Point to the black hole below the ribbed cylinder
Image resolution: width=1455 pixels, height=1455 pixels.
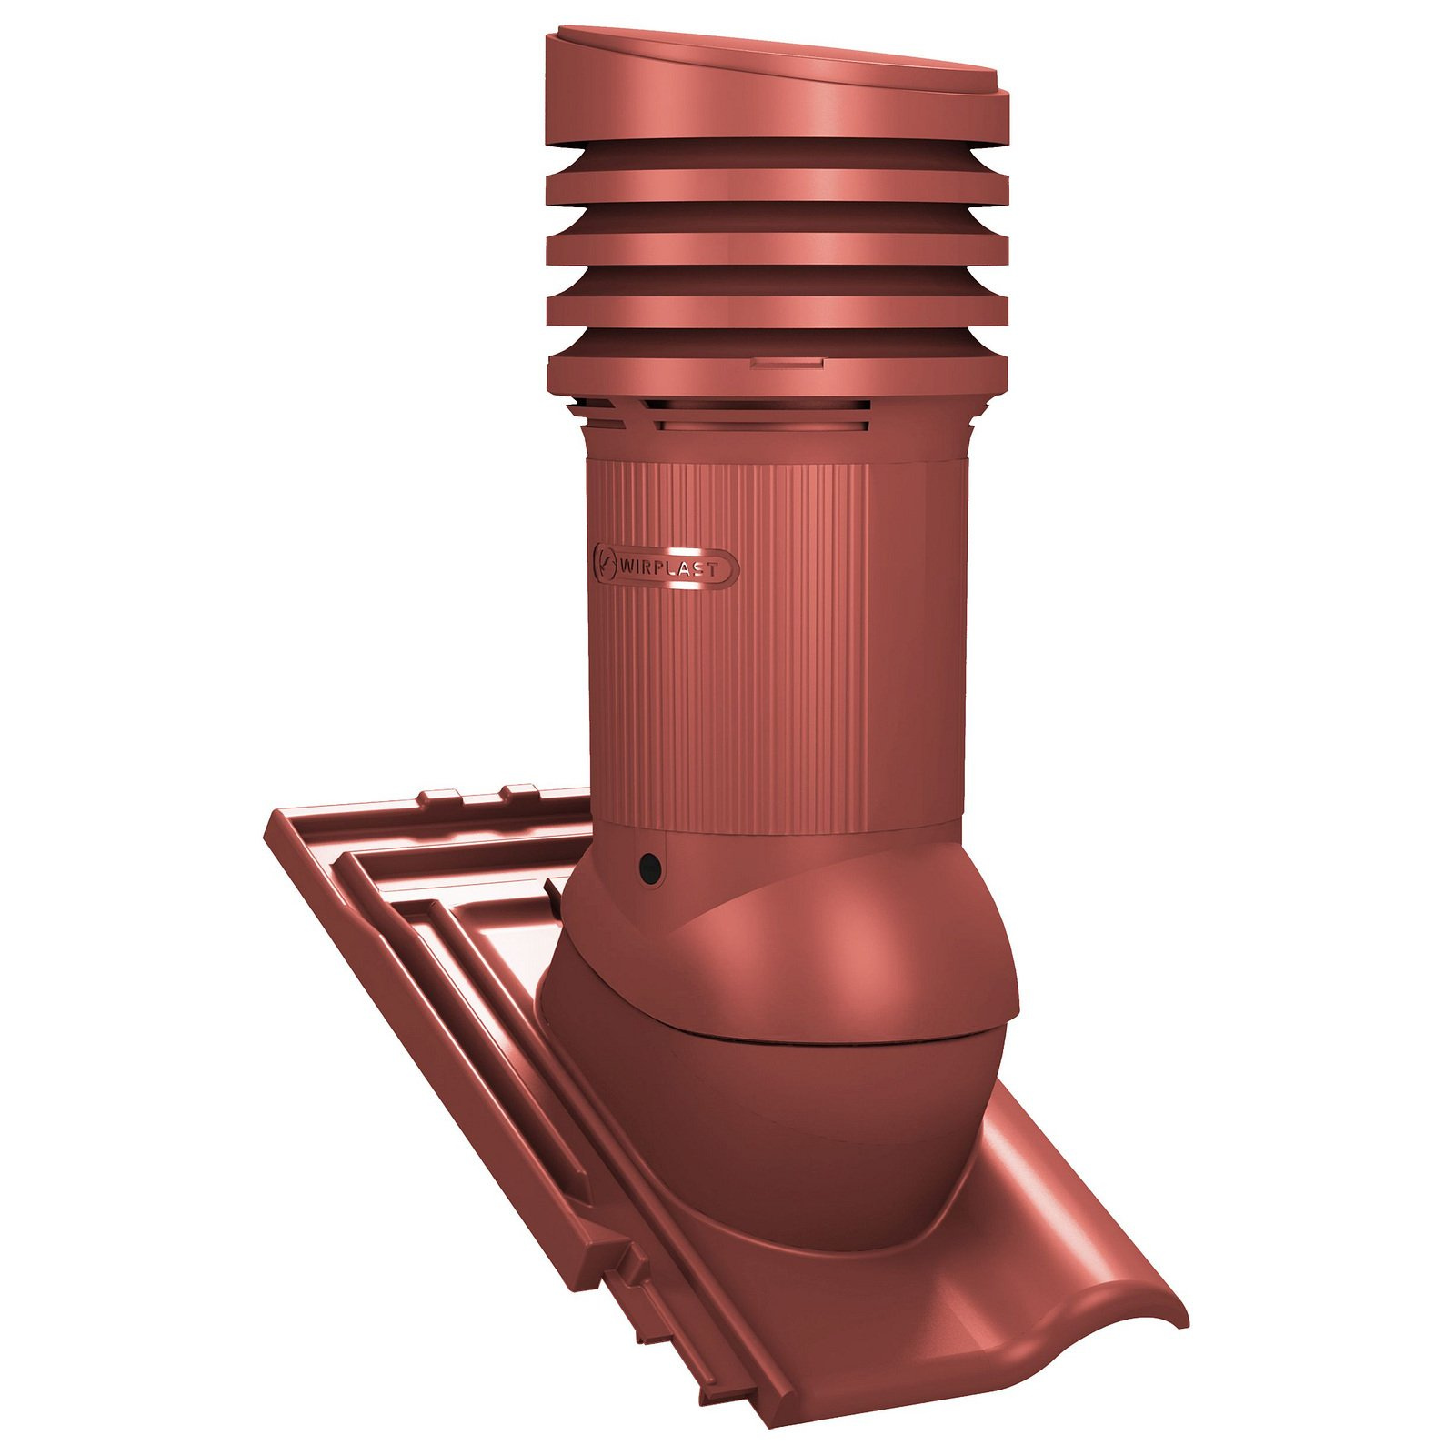pyautogui.click(x=649, y=869)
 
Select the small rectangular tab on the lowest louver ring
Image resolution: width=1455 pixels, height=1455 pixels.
pyautogui.click(x=788, y=364)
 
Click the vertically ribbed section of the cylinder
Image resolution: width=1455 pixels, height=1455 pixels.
pyautogui.click(x=727, y=646)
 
